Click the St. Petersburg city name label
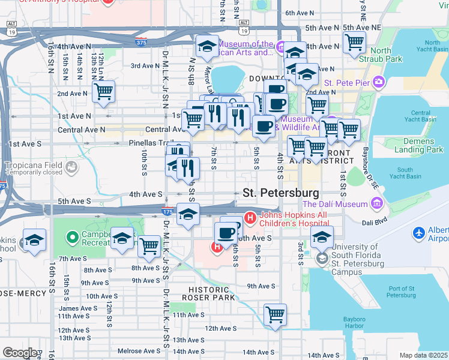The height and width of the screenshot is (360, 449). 280,193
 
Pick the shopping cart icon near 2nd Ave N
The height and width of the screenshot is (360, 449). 103,92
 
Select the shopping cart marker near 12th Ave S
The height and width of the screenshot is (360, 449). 275,314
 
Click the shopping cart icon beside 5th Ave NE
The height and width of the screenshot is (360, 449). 354,42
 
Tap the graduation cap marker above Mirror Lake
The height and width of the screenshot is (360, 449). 206,46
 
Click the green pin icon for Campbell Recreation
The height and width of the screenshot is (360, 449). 72,237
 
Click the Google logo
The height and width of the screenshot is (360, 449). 19,352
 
